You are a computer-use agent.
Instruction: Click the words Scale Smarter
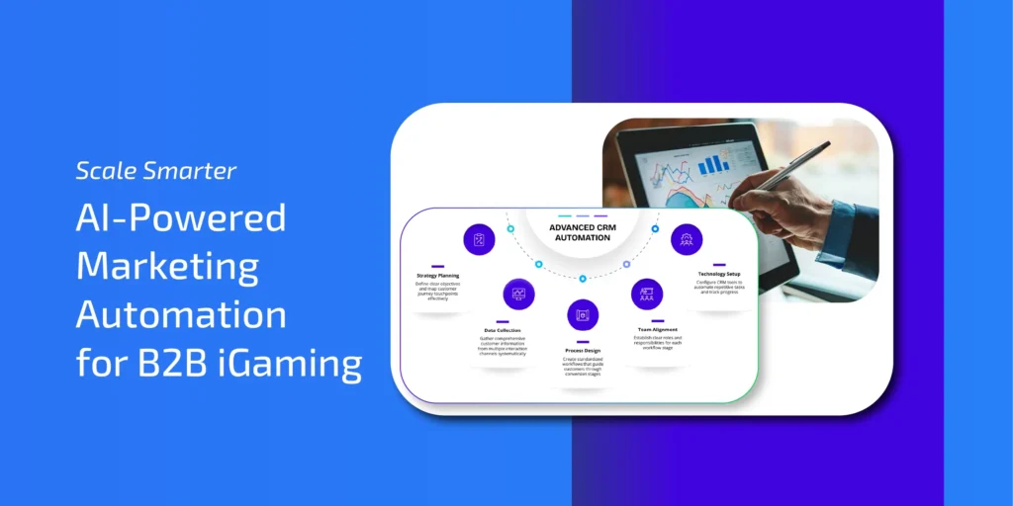click(156, 171)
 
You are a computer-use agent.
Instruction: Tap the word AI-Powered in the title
click(181, 218)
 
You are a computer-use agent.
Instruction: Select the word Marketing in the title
click(167, 267)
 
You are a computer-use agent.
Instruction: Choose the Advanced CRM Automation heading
click(583, 233)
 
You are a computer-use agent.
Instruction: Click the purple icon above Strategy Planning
click(479, 239)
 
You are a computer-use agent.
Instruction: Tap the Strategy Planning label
click(437, 275)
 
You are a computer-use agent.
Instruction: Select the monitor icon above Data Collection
click(518, 294)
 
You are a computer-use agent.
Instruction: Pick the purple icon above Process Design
click(583, 314)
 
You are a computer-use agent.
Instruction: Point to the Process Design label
click(582, 351)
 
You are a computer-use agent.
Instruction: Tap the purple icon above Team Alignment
click(647, 294)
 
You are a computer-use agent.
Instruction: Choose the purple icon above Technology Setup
click(687, 239)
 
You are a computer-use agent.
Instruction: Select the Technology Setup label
click(719, 275)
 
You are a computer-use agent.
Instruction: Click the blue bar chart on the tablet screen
click(713, 164)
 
